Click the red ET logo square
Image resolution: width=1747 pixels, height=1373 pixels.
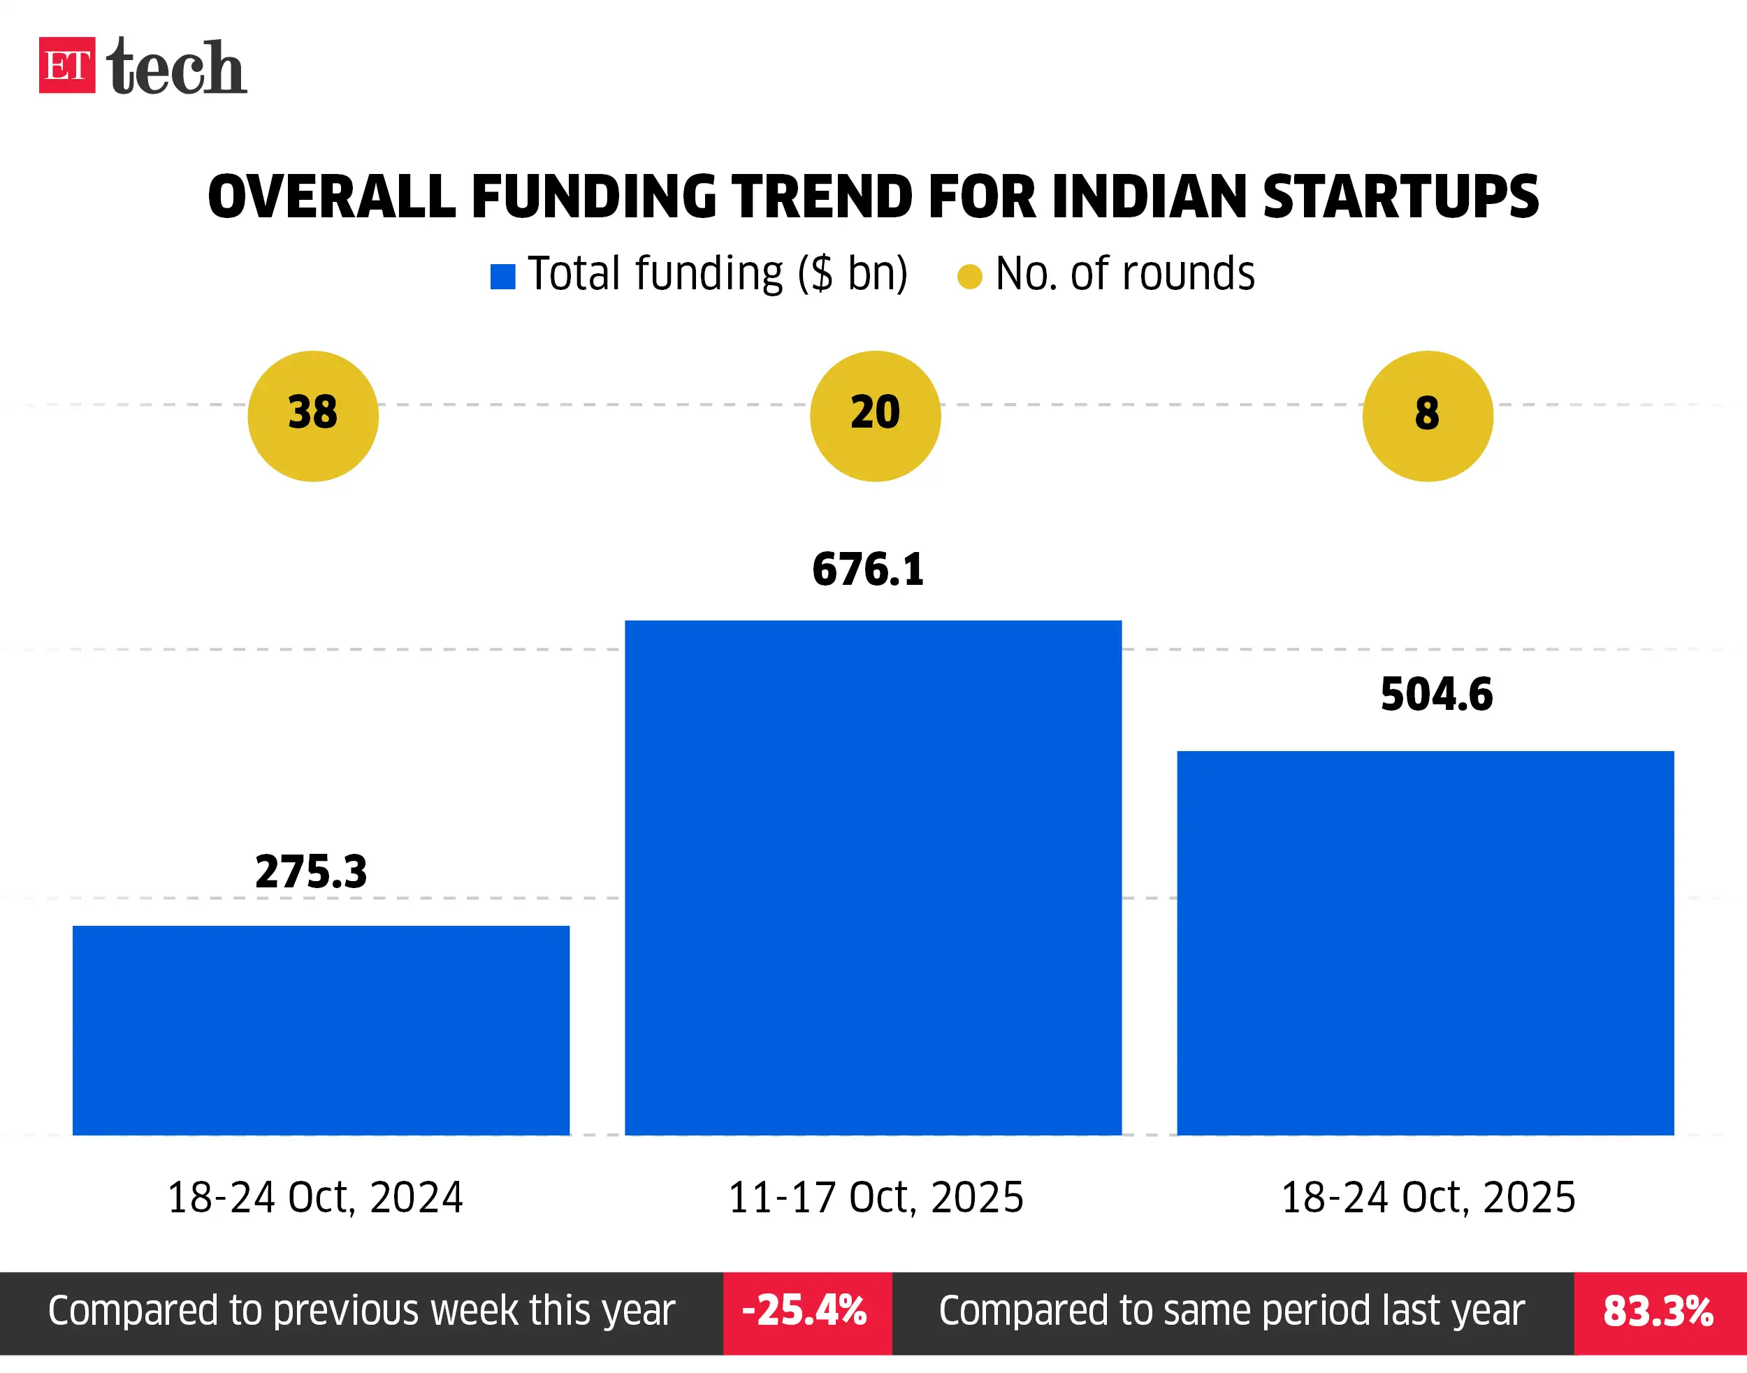tap(66, 65)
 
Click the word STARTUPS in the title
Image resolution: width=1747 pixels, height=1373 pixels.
tap(1400, 197)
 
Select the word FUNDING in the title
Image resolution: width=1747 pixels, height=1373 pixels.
tap(593, 197)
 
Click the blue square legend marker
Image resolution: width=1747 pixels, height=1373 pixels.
tap(502, 277)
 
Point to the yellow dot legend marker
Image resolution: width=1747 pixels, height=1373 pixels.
tap(969, 277)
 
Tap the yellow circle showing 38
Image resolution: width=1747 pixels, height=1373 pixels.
tap(313, 416)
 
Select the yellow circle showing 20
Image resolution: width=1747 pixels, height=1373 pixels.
tap(875, 416)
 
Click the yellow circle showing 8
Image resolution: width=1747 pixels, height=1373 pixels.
tap(1427, 416)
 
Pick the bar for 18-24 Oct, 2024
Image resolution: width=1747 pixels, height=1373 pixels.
tap(321, 1030)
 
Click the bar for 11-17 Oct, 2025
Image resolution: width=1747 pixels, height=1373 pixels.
tap(873, 877)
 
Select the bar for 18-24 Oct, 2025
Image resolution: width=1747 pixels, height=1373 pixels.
tap(1426, 942)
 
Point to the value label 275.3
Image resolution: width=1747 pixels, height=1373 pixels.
tap(311, 871)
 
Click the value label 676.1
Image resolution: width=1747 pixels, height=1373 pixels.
tap(869, 569)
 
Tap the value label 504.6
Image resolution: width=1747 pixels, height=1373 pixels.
tap(1437, 695)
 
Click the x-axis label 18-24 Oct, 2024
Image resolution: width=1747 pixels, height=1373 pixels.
tap(315, 1197)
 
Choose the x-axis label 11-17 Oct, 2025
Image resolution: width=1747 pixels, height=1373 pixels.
tap(876, 1197)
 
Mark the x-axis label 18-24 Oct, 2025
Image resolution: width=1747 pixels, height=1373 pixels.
tap(1428, 1197)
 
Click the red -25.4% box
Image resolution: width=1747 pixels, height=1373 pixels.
tap(807, 1313)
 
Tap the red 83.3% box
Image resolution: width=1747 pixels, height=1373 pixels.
tap(1660, 1313)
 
